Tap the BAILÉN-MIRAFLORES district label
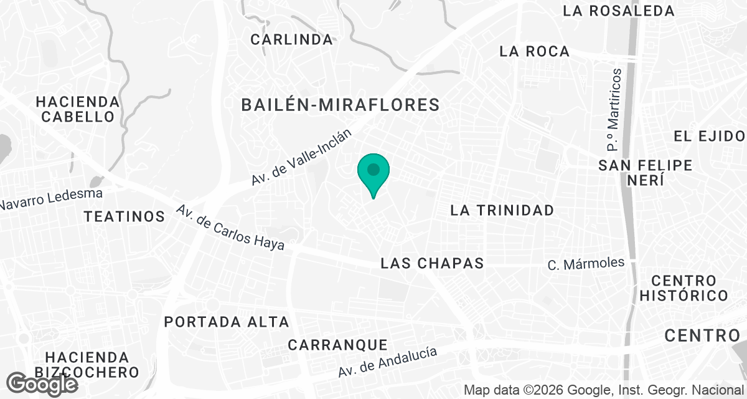[x=341, y=105]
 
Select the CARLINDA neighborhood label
[x=291, y=39]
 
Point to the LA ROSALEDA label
[x=618, y=11]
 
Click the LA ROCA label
[x=534, y=51]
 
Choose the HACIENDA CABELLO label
[x=77, y=109]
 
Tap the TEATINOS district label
[x=125, y=216]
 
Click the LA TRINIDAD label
[x=502, y=210]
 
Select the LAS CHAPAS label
[x=432, y=263]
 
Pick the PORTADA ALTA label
[x=227, y=322]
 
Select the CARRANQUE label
[x=338, y=345]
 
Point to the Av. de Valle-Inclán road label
[x=302, y=157]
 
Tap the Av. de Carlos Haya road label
[x=230, y=228]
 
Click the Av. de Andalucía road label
[x=387, y=362]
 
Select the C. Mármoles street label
[x=586, y=264]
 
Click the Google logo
[x=44, y=383]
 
